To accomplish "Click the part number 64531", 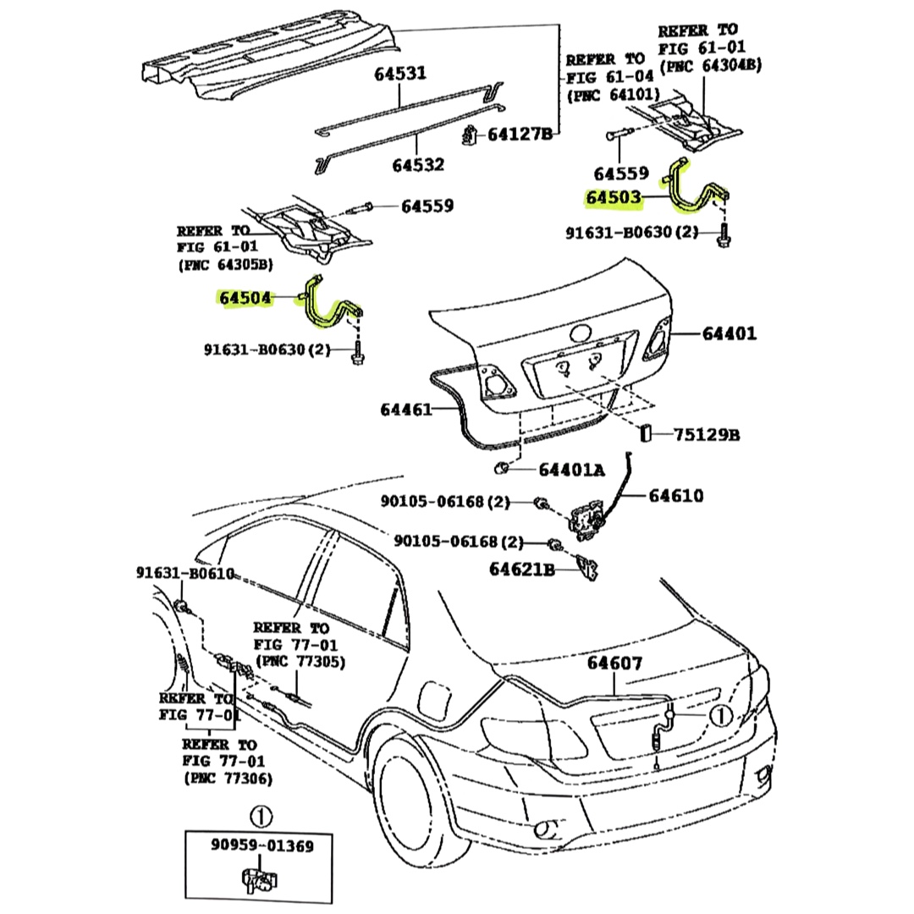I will pos(400,74).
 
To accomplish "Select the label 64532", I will pos(418,164).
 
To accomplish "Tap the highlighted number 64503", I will pos(614,199).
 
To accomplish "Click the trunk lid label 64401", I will pos(729,333).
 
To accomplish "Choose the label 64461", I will pos(407,410).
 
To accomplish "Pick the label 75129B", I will pos(707,435).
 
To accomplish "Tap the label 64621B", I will pos(521,570).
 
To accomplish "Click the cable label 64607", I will pos(615,663).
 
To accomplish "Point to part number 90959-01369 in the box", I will pos(262,846).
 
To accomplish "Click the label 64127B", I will pos(519,134).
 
